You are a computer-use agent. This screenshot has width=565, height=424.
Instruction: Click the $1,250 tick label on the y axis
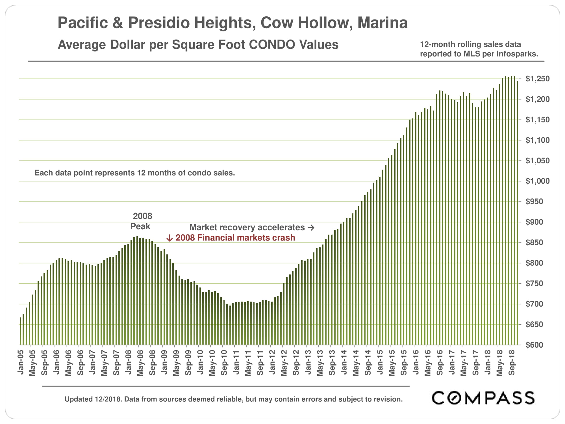(x=537, y=79)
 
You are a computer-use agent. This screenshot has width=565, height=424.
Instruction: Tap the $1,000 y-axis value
(x=537, y=181)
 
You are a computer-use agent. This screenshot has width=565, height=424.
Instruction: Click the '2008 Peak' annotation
(x=142, y=221)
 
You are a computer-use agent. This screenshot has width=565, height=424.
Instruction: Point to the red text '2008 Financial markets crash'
(x=235, y=238)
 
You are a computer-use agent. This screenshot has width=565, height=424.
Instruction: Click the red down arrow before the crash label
(x=169, y=238)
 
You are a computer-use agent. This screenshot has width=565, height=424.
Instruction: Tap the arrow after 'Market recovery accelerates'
(x=311, y=228)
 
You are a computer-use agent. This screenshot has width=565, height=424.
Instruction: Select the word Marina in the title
(x=382, y=23)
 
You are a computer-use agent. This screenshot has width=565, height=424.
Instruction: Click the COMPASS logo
(x=483, y=398)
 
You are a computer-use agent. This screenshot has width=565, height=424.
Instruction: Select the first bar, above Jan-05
(x=20, y=331)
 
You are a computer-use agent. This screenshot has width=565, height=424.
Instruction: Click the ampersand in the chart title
(x=118, y=23)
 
